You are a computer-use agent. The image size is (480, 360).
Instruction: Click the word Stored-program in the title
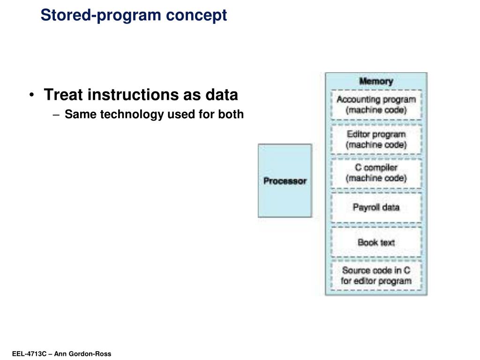[x=95, y=15]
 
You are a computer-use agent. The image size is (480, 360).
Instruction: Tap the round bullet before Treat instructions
[x=31, y=95]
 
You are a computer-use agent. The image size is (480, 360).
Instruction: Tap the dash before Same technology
[x=58, y=114]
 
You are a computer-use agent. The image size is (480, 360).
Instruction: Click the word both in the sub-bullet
[x=231, y=114]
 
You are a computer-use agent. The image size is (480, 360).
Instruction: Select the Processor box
[x=285, y=181]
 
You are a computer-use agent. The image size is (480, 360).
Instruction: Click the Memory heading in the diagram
[x=376, y=81]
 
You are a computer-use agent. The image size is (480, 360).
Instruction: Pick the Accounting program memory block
[x=376, y=105]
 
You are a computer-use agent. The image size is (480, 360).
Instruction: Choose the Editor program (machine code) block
[x=376, y=139]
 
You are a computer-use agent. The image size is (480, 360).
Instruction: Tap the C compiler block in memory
[x=376, y=173]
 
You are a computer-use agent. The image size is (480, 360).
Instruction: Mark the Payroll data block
[x=376, y=207]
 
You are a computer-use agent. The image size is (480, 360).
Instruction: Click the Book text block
[x=376, y=242]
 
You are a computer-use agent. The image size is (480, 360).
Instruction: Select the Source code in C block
[x=376, y=276]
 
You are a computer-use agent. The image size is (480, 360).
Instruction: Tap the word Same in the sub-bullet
[x=75, y=114]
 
